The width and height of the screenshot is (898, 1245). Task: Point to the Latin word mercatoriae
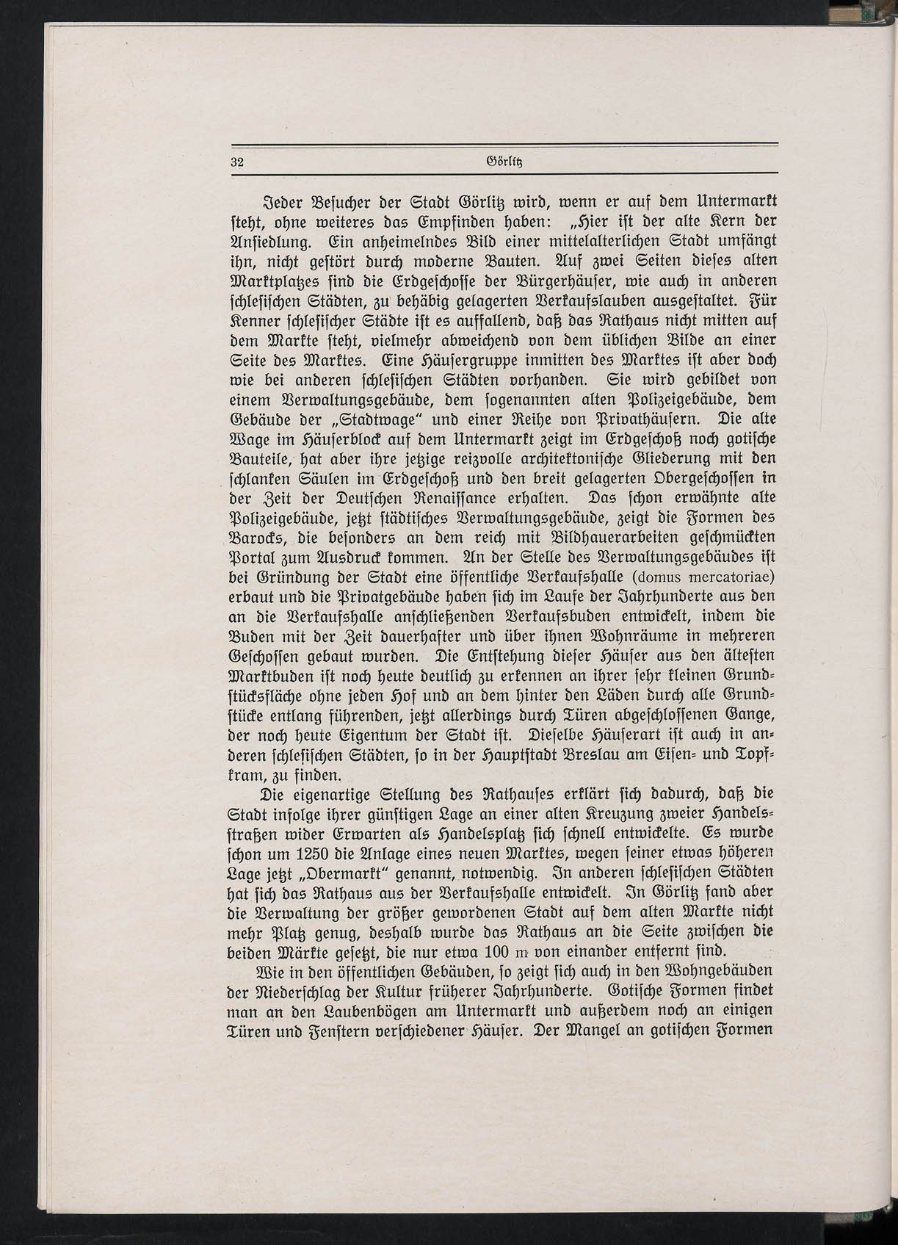725,575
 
